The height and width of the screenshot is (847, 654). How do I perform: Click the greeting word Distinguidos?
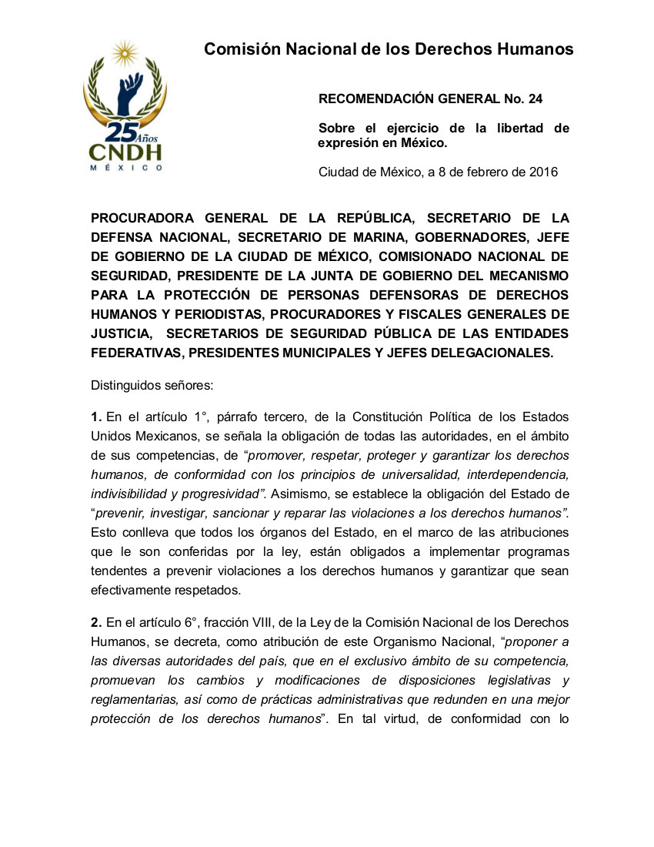[x=124, y=383]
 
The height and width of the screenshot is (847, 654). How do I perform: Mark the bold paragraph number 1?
[x=95, y=417]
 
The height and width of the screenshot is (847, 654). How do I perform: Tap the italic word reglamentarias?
[x=137, y=699]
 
